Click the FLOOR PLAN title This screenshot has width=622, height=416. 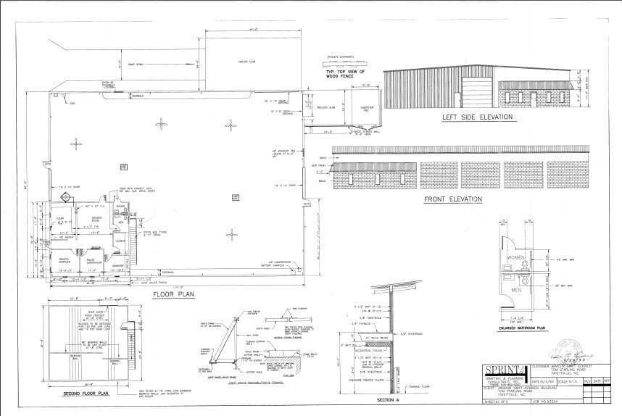[x=173, y=295]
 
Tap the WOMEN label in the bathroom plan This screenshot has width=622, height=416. [x=517, y=258]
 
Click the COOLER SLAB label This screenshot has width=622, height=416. [x=247, y=61]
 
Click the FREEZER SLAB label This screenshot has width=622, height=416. [x=325, y=108]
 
